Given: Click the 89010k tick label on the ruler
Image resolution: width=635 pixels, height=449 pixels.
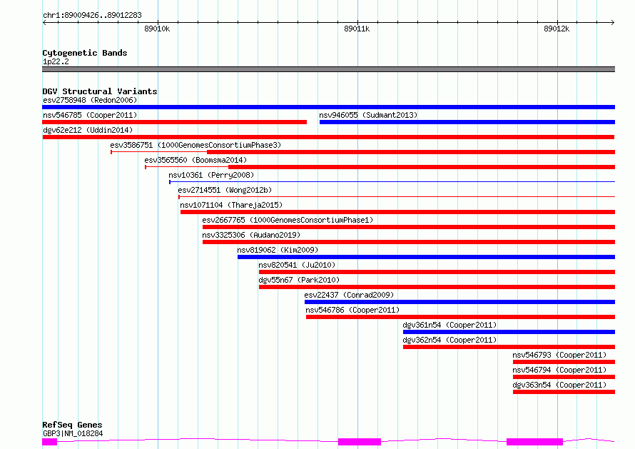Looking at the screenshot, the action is (x=157, y=29).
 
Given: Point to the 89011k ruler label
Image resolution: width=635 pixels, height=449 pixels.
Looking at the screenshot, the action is (x=357, y=29).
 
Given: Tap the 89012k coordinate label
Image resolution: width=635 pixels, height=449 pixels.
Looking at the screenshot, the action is (x=557, y=29).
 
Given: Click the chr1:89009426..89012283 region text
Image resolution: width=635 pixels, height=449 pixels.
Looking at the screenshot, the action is (x=92, y=16).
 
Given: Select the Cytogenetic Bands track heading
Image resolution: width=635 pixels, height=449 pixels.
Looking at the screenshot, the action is (x=85, y=53).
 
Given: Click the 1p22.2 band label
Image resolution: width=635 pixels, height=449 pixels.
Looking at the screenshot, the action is (x=56, y=61).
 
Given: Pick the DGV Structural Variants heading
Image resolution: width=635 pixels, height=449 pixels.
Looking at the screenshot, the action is (x=100, y=91).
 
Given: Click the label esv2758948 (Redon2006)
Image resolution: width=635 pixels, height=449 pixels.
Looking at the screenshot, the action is (x=90, y=100).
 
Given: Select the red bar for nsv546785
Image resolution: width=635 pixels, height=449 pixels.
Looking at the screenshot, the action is (x=175, y=122).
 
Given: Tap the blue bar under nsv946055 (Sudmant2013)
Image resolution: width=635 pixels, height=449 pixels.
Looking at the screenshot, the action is (x=467, y=122).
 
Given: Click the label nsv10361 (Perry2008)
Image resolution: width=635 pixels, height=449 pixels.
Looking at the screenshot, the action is (x=211, y=175).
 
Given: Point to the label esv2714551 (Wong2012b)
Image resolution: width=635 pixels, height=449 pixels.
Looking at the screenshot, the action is (x=225, y=190).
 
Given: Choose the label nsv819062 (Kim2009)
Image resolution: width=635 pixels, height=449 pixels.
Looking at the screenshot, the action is (x=278, y=250).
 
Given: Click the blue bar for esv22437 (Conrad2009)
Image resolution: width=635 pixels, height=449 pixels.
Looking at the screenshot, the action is (x=459, y=302).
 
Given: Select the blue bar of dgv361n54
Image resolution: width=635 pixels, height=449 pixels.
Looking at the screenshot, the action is (x=509, y=332).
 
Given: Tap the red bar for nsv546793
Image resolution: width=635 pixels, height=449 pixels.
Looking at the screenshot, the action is (x=564, y=362).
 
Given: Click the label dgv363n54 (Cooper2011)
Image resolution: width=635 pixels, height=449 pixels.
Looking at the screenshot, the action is (x=559, y=385).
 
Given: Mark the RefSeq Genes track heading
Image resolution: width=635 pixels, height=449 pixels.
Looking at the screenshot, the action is (x=72, y=425).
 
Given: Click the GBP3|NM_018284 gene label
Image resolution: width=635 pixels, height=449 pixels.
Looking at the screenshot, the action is (x=73, y=433).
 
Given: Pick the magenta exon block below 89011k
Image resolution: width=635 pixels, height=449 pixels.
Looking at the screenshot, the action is (x=360, y=442).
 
